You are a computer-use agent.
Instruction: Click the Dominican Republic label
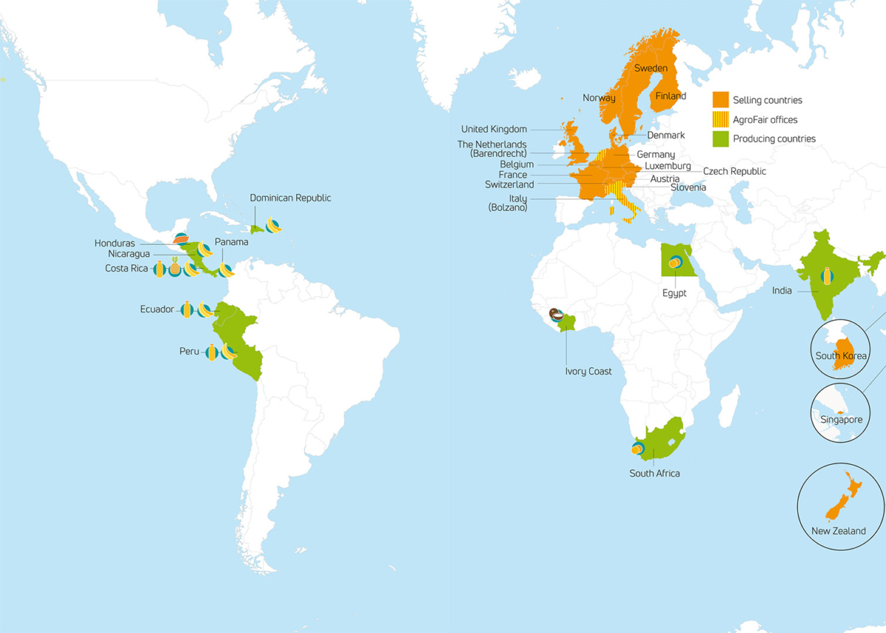point(290,198)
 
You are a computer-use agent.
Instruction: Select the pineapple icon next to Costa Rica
point(175,269)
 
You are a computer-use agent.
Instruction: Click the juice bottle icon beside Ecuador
point(188,310)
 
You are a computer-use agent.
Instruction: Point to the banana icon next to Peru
point(229,352)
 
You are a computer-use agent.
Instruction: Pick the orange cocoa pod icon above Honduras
point(180,238)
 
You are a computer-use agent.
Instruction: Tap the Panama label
point(231,242)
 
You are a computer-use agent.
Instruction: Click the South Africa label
point(654,473)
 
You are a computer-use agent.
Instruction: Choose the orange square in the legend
point(720,100)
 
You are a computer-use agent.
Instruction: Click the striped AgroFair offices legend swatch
point(720,120)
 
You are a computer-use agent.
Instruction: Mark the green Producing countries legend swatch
point(720,139)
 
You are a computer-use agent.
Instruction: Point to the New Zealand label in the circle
point(838,531)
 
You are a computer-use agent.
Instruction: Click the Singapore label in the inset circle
point(841,420)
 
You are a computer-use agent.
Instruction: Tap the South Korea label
point(841,356)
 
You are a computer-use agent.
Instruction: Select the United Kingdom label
point(494,129)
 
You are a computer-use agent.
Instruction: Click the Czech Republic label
point(734,171)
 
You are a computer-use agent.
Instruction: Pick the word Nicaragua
point(130,255)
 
